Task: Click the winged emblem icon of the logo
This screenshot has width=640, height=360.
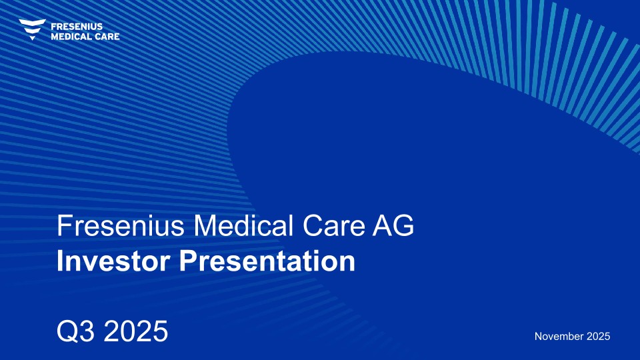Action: [x=32, y=29]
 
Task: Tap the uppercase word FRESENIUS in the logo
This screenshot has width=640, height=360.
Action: [x=77, y=27]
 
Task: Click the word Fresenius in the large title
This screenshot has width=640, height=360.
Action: [x=121, y=226]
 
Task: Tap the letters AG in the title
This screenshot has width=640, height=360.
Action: [x=393, y=226]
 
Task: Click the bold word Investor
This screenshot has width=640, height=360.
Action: [x=113, y=261]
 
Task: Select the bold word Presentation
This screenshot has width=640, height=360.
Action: [x=267, y=261]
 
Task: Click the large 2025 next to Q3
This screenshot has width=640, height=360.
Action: [x=136, y=331]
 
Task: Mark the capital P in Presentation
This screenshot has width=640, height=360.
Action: [x=189, y=261]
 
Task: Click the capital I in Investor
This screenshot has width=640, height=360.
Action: [x=60, y=261]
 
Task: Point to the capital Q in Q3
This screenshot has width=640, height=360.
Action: [x=67, y=331]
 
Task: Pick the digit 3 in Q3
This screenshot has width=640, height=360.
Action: [x=89, y=331]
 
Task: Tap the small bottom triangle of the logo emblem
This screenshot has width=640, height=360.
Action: [x=32, y=38]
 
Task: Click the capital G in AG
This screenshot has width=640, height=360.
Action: [x=403, y=226]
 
